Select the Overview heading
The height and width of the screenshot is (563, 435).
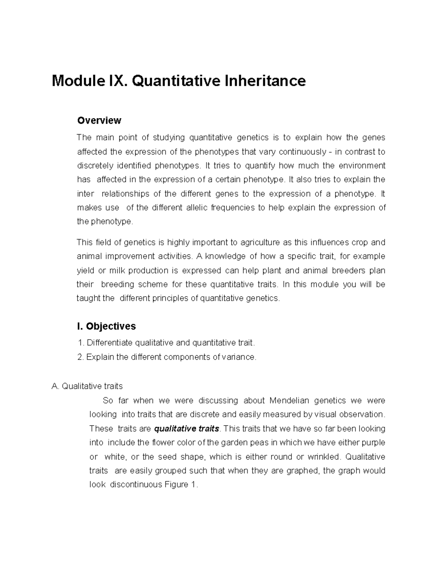(x=99, y=120)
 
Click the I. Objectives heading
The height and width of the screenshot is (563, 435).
(x=106, y=326)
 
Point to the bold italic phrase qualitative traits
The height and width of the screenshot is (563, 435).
(x=186, y=429)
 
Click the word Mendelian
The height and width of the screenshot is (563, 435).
(x=289, y=401)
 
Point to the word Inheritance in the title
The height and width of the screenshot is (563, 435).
(x=265, y=81)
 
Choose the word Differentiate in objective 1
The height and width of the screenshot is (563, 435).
(x=110, y=343)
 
